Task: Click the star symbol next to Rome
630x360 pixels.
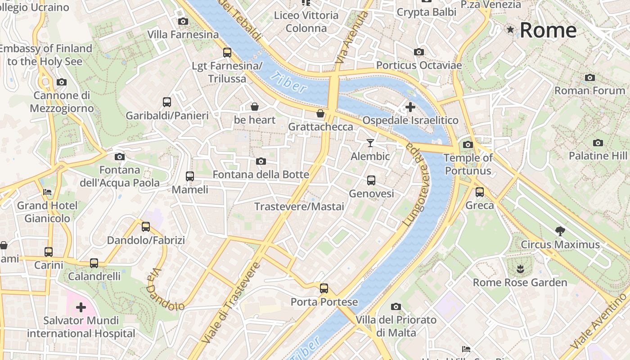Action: (x=510, y=30)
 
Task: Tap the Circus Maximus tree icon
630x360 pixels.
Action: (x=560, y=231)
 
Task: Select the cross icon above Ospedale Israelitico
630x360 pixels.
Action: (x=410, y=107)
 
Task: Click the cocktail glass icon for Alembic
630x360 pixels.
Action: (x=370, y=143)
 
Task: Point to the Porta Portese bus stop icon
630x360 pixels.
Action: (x=324, y=288)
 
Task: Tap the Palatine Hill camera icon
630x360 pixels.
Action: (x=598, y=143)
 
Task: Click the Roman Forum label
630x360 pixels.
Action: (x=589, y=90)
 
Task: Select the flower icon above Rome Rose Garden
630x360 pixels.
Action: (x=520, y=270)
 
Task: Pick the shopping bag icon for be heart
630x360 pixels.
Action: (x=255, y=107)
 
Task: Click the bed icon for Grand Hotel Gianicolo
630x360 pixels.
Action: (x=47, y=192)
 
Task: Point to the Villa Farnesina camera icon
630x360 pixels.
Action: (x=183, y=21)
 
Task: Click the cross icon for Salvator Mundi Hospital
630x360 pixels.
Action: (x=81, y=307)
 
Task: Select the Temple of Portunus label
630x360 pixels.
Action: (x=468, y=164)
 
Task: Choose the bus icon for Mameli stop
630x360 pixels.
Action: (x=190, y=176)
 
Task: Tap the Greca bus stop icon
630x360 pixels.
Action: (x=480, y=192)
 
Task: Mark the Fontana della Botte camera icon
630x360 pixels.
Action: (x=261, y=162)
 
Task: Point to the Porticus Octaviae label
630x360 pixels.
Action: (x=419, y=65)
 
